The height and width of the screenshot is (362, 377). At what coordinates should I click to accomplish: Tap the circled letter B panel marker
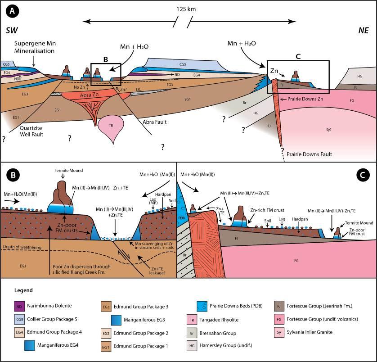tap(12, 174)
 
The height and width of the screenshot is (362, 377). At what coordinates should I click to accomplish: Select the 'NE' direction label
tap(363, 30)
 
